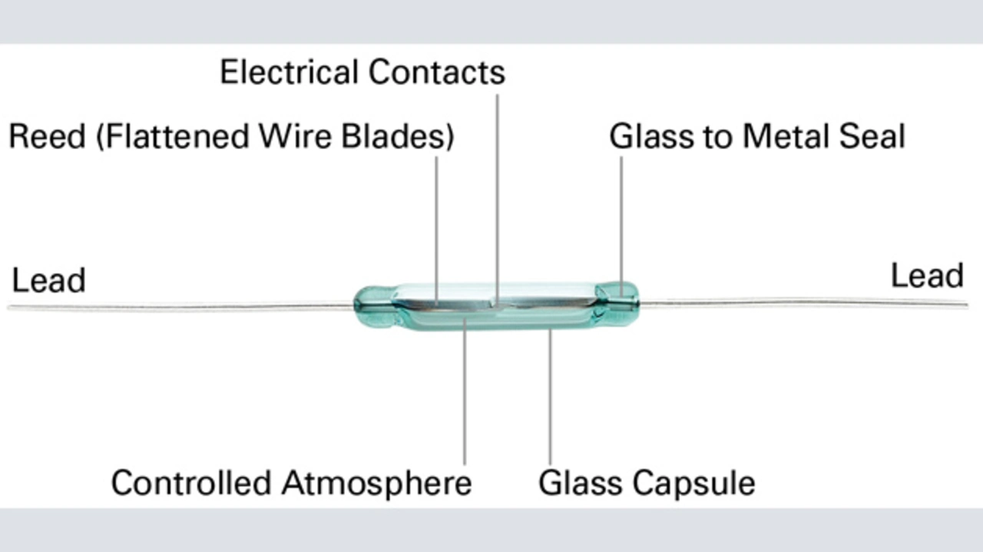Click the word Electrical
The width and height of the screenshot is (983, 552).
coord(289,72)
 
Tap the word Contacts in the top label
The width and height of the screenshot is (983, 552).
coord(435,72)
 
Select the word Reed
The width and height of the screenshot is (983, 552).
coord(46,137)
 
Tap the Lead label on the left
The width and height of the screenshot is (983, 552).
coord(48,280)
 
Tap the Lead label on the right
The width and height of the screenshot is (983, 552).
coord(926,276)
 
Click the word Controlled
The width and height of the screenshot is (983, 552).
coord(193,483)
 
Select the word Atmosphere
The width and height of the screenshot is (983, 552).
coord(376,483)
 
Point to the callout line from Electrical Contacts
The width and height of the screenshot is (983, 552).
coord(497,192)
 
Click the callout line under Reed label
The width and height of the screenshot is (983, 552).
coord(436,223)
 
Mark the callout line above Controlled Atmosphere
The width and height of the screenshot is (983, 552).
coord(465,399)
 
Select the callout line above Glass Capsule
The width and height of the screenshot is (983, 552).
coord(549,399)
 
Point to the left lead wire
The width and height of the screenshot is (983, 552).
coord(177,307)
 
